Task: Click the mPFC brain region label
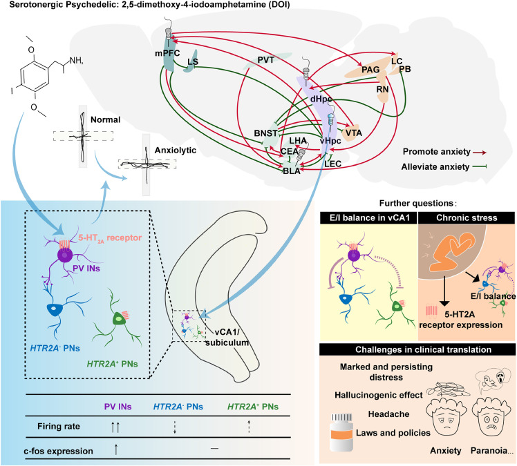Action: (167, 53)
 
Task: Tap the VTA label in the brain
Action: (353, 133)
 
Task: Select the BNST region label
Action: (265, 133)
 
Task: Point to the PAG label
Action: (370, 70)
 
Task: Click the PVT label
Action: (265, 60)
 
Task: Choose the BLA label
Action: (292, 171)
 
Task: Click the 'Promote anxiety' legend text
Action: (437, 152)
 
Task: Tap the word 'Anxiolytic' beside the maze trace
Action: (176, 151)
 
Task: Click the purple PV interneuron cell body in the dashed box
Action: (65, 255)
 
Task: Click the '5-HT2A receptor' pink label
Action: (110, 237)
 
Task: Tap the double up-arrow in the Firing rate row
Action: (115, 427)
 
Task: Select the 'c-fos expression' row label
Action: (58, 451)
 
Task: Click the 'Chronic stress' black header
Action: (467, 217)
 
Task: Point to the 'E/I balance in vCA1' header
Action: (369, 217)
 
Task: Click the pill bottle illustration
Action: (342, 433)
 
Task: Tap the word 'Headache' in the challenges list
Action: (388, 414)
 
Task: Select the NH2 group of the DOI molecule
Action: (76, 61)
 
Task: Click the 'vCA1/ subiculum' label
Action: (227, 338)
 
